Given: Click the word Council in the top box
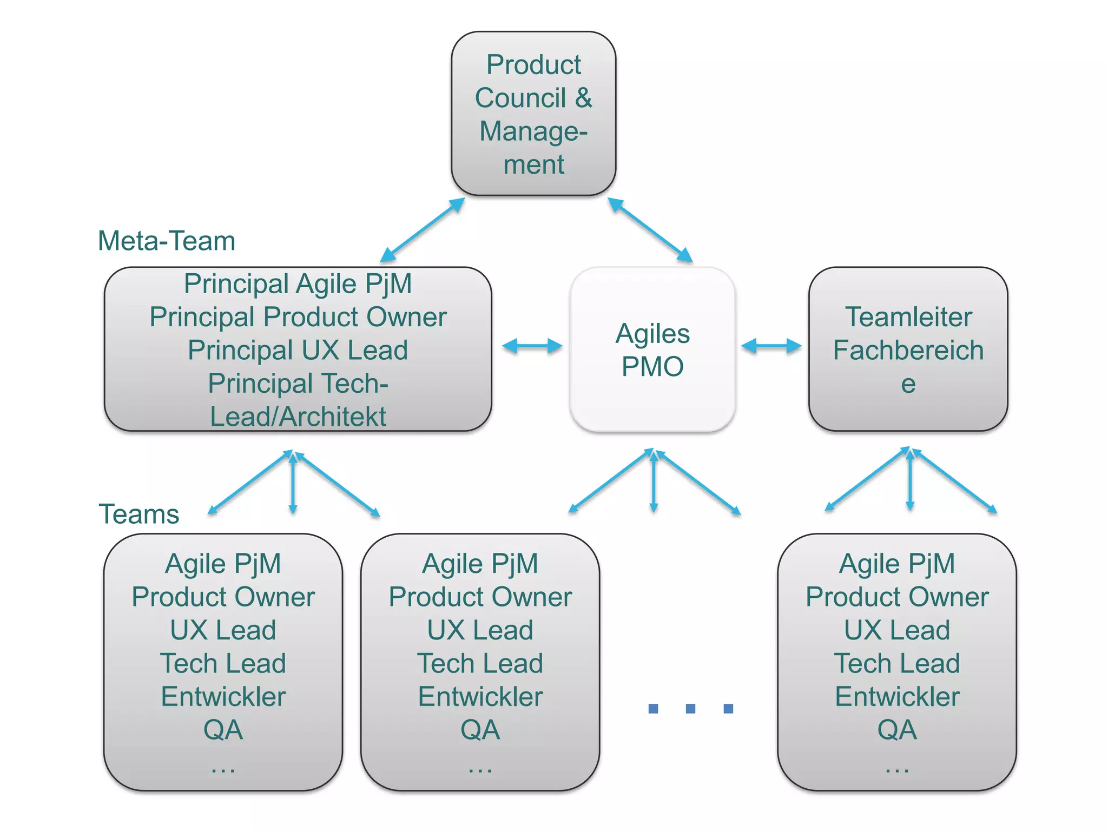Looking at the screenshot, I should tap(520, 98).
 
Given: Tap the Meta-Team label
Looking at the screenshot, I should tap(167, 241).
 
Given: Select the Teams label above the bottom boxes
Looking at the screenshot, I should tap(138, 514).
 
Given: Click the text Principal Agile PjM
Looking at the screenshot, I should tap(298, 283).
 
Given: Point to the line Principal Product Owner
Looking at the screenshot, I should tap(298, 317).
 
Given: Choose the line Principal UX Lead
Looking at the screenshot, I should tap(298, 350).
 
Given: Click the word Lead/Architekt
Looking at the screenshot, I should tap(298, 417).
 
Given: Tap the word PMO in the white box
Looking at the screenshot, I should tap(652, 367).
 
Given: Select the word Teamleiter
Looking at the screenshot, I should tap(908, 317).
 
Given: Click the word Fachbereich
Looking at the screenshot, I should tap(908, 350).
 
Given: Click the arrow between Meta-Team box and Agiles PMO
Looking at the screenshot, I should tap(532, 346).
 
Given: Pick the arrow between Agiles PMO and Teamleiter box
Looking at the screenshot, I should tap(771, 346).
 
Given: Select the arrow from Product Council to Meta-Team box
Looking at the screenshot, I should tap(422, 230).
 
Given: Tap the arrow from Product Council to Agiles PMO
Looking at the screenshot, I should tap(650, 230).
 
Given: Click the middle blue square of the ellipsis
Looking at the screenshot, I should tap(690, 708).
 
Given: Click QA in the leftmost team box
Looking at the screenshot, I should tap(223, 730).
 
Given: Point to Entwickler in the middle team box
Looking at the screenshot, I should tap(480, 697).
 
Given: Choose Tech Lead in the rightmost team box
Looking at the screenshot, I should tap(897, 664).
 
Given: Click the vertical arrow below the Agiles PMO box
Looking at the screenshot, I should tap(654, 482).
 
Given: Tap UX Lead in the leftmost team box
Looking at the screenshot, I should tap(223, 630).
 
